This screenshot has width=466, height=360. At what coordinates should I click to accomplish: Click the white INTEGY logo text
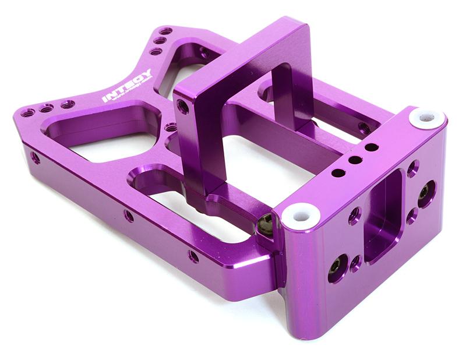pos(127,86)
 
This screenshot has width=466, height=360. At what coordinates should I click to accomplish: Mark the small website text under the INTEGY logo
pos(130,93)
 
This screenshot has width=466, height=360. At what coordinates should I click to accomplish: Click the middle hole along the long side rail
pos(128,215)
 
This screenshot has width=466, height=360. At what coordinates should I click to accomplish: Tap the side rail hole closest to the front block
pos(193,256)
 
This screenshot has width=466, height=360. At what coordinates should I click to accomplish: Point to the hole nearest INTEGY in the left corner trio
pos(68,104)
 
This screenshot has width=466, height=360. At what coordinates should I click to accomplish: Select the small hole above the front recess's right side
pos(412,168)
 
